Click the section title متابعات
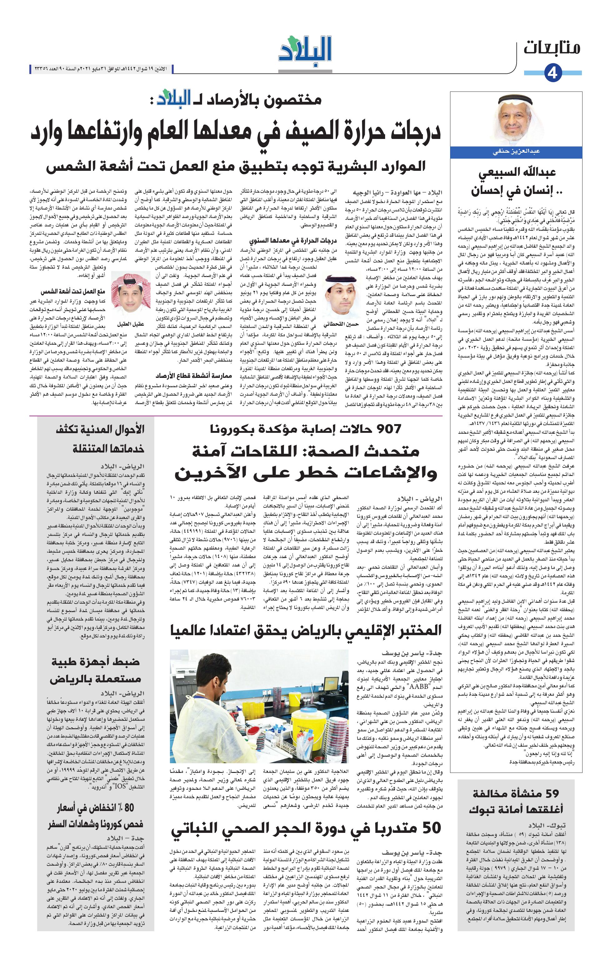click(x=552, y=48)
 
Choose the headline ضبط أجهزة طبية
click(x=96, y=662)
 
